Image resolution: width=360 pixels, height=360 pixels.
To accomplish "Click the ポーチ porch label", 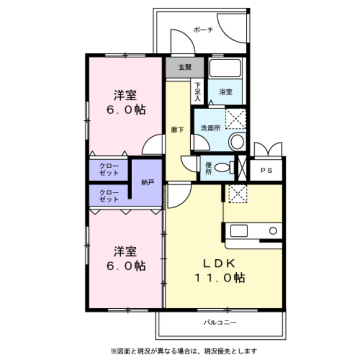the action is tap(204, 30).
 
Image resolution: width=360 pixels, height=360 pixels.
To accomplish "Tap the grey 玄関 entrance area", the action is tap(185, 67).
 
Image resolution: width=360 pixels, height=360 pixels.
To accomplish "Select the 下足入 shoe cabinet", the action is tap(197, 92).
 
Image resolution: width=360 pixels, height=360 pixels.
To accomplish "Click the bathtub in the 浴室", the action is tap(225, 68).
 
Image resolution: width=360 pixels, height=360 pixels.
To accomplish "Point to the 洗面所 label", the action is tap(210, 128).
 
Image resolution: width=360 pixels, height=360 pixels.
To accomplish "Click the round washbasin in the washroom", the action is tap(237, 142).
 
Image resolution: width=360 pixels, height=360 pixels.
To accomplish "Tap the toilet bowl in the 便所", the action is tap(222, 168).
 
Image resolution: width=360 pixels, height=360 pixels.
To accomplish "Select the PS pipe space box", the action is tap(266, 170).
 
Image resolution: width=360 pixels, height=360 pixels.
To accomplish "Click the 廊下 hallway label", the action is tap(178, 130).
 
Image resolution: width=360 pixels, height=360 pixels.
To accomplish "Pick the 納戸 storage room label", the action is tap(147, 182).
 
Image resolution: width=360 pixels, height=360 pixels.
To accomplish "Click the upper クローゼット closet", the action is tap(109, 170).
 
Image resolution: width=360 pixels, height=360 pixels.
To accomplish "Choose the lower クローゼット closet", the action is tap(109, 196).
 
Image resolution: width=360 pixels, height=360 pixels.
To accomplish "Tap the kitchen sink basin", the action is tap(238, 231).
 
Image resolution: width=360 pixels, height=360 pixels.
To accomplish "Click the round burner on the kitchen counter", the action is tap(273, 231).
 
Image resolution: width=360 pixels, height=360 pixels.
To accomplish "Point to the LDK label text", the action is tap(219, 263).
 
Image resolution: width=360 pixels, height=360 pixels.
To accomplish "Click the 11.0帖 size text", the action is tap(220, 278).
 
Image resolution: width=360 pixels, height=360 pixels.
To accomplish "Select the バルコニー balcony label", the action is tap(220, 322).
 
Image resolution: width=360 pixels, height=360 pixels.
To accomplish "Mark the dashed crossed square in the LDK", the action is tap(238, 193).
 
